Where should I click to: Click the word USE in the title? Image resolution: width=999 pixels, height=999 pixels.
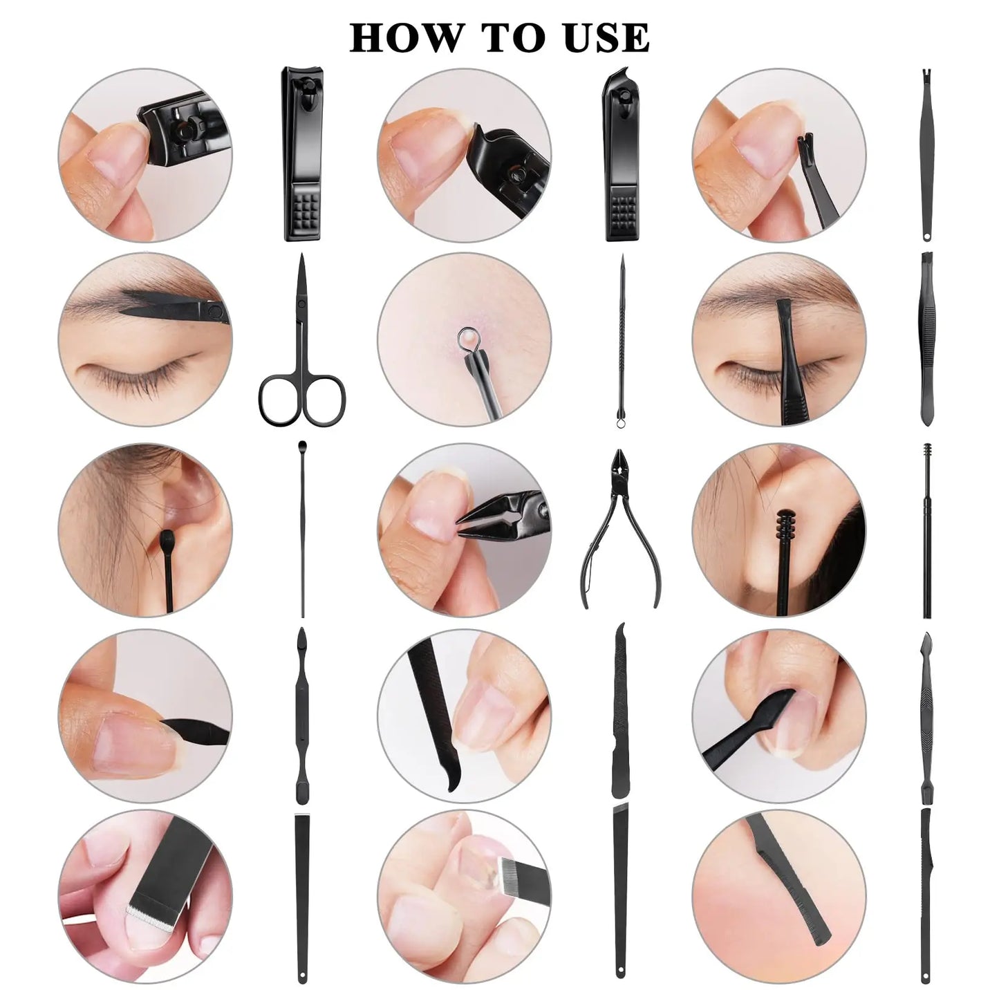[x=607, y=38]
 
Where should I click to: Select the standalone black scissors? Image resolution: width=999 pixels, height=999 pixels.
[x=302, y=346]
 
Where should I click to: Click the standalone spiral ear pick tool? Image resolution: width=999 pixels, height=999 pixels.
[x=927, y=529]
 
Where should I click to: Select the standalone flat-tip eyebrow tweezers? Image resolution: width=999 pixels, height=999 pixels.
[x=926, y=339]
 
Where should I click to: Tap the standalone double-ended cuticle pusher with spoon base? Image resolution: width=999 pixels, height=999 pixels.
[x=301, y=716]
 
